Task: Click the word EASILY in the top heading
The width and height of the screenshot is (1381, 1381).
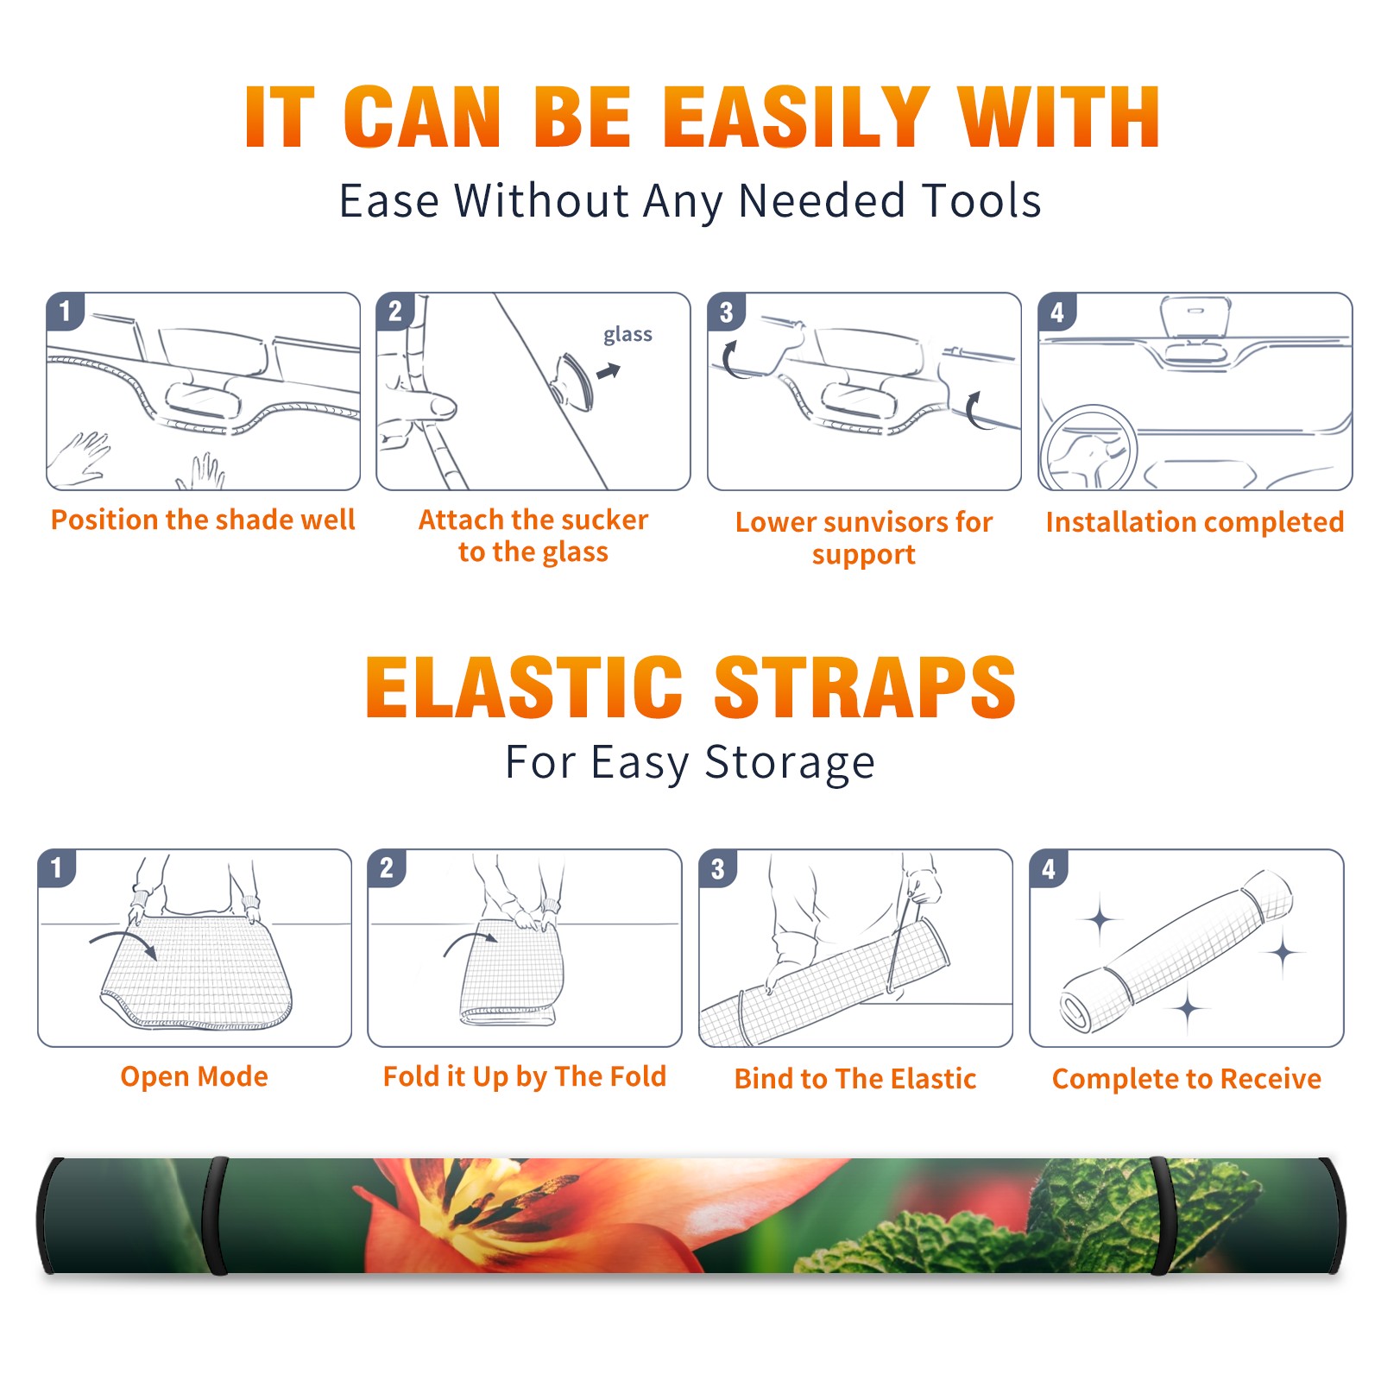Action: [x=797, y=117]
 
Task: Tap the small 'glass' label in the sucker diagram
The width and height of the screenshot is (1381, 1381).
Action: [x=627, y=335]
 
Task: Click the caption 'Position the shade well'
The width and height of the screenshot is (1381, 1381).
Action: [x=203, y=520]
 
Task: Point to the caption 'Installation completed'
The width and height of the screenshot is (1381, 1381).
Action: [x=1195, y=521]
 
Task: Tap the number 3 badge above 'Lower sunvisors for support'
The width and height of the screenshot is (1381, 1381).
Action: [x=726, y=312]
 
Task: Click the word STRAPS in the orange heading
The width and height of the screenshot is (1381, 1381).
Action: [x=865, y=687]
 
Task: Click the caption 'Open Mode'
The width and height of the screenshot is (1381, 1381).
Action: [x=194, y=1076]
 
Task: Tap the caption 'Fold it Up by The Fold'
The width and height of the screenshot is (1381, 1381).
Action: [x=525, y=1076]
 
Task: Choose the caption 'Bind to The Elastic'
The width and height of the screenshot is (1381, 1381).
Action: [x=855, y=1079]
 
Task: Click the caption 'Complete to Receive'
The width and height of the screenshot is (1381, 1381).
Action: [x=1187, y=1079]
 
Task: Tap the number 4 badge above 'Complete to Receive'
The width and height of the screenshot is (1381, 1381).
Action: [x=1049, y=868]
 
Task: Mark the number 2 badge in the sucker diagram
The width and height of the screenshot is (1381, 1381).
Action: [x=395, y=312]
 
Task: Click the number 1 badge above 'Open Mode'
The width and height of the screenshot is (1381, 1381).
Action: [x=57, y=868]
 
